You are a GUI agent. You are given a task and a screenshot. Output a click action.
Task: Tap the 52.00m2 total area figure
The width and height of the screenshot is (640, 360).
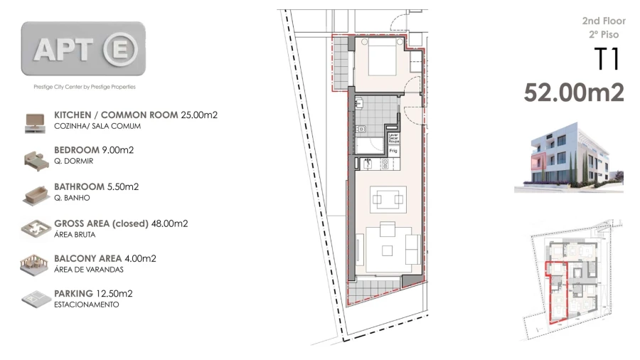pyautogui.click(x=573, y=92)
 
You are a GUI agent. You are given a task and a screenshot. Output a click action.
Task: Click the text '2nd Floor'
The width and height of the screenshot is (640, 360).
pyautogui.click(x=603, y=21)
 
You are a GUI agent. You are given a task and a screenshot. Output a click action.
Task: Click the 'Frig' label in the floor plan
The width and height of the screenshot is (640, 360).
pyautogui.click(x=392, y=151)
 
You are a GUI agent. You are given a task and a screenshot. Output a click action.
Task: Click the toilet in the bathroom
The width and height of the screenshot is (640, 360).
pyautogui.click(x=361, y=129)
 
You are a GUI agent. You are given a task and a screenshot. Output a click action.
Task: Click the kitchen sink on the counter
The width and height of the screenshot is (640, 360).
pyautogui.click(x=368, y=164)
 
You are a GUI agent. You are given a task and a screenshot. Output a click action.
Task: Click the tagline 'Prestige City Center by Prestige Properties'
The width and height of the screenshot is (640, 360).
pyautogui.click(x=85, y=87)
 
